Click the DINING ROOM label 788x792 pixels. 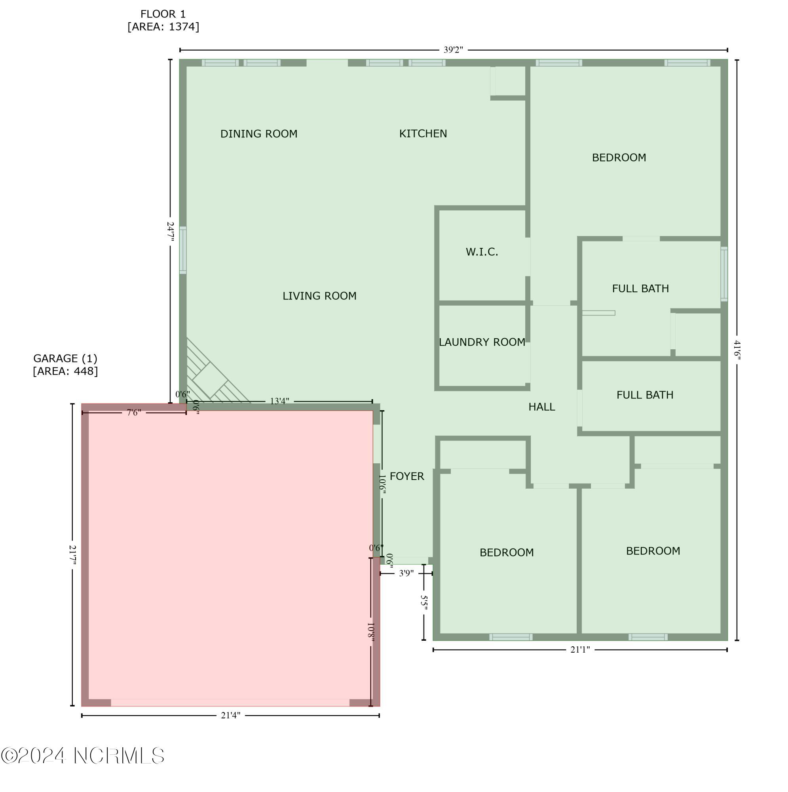point(258,133)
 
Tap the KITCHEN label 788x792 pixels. point(423,133)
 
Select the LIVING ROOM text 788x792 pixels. point(319,295)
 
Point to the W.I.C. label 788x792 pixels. point(482,252)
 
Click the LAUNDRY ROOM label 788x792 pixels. point(482,342)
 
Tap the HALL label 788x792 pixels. point(541,407)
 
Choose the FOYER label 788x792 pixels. point(406,476)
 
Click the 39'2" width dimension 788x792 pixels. point(453,50)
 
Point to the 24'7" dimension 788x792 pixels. point(171,232)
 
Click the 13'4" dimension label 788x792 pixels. point(279,401)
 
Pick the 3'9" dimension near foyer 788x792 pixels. point(406,573)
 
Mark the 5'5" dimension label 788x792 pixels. point(424,603)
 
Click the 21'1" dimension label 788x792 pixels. point(580,649)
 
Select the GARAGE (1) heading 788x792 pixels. point(65,358)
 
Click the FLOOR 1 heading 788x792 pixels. point(163,14)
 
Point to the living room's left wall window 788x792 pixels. point(183,250)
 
